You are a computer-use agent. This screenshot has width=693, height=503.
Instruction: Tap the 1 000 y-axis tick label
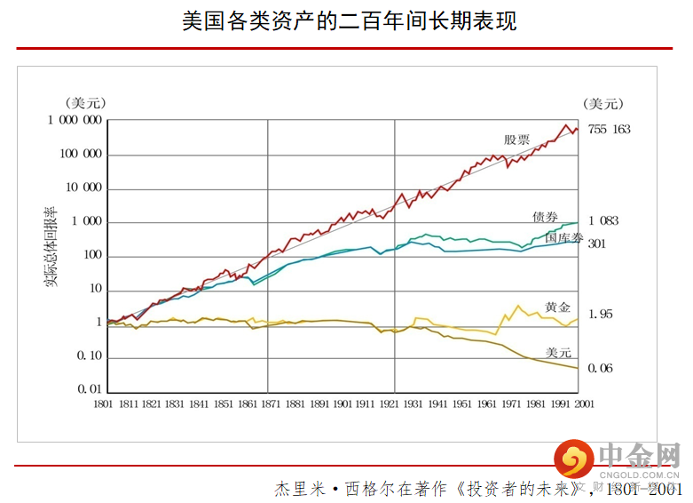(x=85, y=222)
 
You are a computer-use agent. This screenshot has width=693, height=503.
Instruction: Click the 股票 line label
(x=516, y=140)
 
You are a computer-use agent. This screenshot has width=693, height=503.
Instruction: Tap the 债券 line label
(x=546, y=217)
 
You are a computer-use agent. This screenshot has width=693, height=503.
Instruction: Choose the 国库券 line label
(x=564, y=237)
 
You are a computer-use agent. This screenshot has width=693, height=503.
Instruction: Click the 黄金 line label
(x=558, y=307)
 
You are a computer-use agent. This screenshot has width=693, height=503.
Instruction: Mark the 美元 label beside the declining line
(x=558, y=352)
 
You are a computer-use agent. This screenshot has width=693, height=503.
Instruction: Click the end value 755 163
(x=609, y=130)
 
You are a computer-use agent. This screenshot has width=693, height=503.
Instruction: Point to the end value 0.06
(x=601, y=368)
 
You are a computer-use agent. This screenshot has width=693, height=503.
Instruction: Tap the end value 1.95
(x=601, y=315)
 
